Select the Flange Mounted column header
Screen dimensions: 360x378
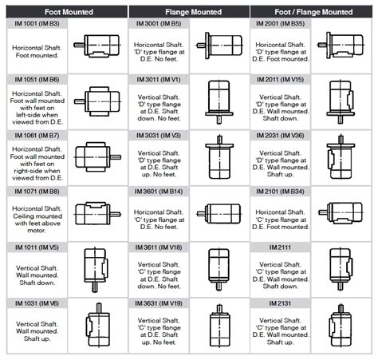point(189,12)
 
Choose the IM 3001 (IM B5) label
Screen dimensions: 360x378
point(159,25)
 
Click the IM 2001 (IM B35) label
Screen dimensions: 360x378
point(282,25)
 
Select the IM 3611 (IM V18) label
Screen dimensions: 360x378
point(159,248)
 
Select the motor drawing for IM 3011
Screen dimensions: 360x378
point(219,102)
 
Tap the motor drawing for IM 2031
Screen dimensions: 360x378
point(341,158)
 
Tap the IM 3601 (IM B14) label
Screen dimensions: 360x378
point(159,192)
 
